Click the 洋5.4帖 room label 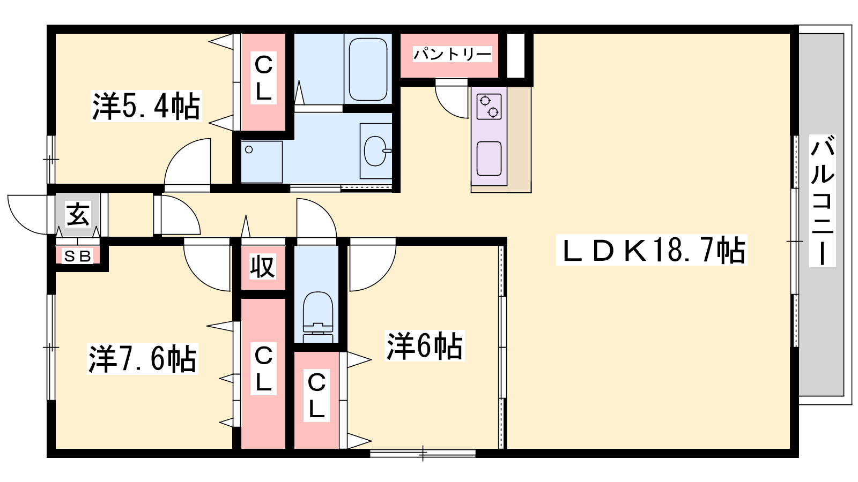tap(146, 106)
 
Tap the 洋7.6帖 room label tap(143, 358)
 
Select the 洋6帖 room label tap(425, 346)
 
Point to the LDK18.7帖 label tap(652, 250)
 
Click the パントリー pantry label tap(452, 54)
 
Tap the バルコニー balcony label tap(822, 200)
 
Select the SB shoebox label tap(78, 256)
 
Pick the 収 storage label tap(263, 267)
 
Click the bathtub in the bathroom tap(368, 69)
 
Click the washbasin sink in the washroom tap(376, 151)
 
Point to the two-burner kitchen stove tap(489, 107)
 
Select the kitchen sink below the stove tap(489, 159)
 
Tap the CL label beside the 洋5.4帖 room tap(263, 78)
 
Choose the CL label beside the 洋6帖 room tap(316, 396)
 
